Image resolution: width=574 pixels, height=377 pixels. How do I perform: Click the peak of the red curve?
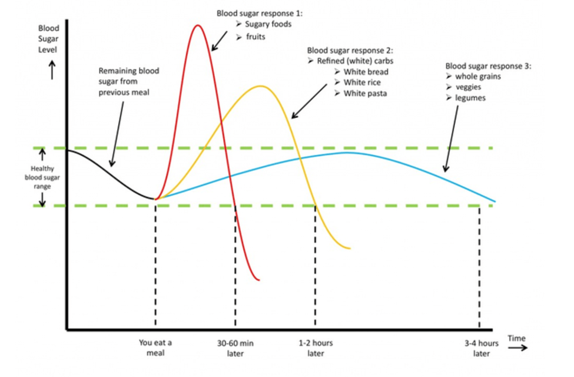pos(197,25)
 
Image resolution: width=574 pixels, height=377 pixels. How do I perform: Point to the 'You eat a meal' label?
pos(155,348)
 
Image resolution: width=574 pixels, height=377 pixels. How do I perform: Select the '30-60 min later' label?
pos(235,348)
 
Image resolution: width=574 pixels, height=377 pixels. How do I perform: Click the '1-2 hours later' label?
pos(316,348)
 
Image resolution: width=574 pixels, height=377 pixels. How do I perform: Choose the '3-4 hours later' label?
pos(481,348)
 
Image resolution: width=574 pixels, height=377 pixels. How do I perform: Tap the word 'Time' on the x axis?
pos(516,339)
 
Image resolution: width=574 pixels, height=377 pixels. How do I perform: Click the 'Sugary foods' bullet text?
pos(268,24)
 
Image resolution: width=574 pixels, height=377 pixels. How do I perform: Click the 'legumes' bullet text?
pos(470,98)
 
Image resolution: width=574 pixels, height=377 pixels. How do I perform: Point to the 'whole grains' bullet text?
pos(478,77)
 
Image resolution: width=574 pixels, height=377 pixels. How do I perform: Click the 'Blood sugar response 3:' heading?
pos(488,66)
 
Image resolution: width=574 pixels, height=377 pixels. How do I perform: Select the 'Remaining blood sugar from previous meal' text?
pos(129,81)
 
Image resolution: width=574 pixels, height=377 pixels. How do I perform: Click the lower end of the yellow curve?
pos(350,248)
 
